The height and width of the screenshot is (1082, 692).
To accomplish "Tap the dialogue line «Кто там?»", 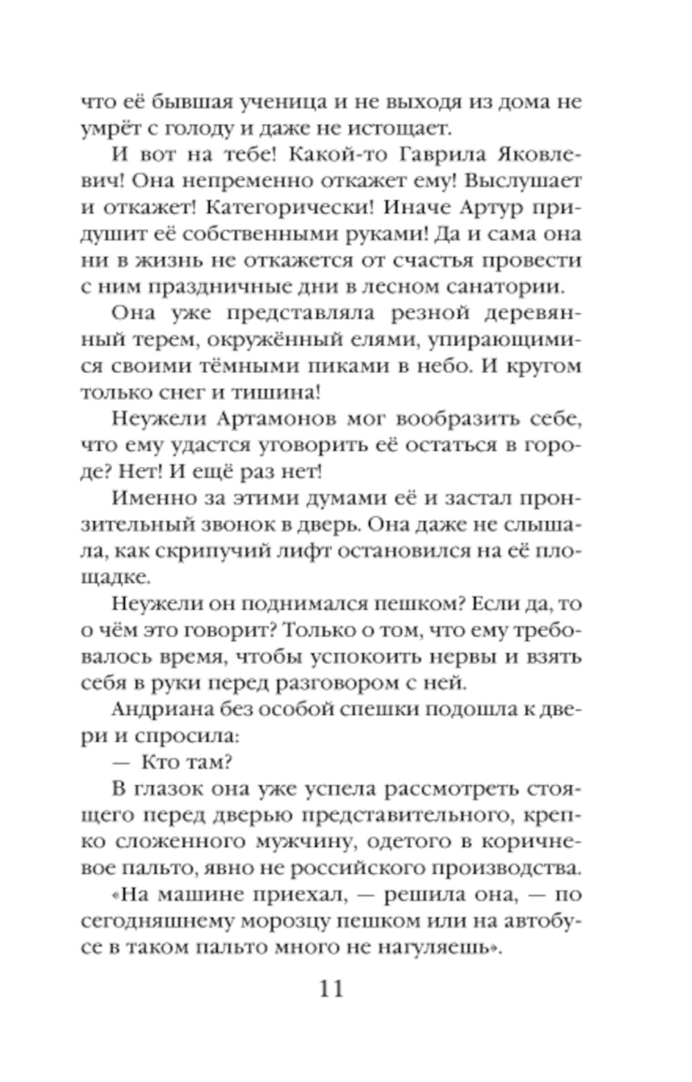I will click(x=186, y=762).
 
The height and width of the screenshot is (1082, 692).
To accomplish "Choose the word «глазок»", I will click(x=165, y=789).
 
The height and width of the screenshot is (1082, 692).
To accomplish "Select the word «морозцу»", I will click(x=291, y=921).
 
